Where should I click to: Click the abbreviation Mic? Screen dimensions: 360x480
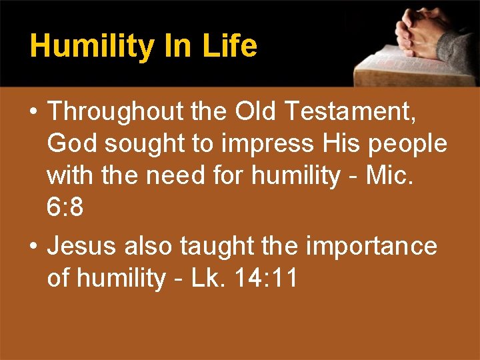pyautogui.click(x=397, y=175)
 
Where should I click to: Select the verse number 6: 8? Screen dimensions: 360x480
pyautogui.click(x=65, y=208)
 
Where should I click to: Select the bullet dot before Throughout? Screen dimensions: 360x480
pyautogui.click(x=33, y=112)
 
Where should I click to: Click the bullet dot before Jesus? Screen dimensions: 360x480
pyautogui.click(x=33, y=247)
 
